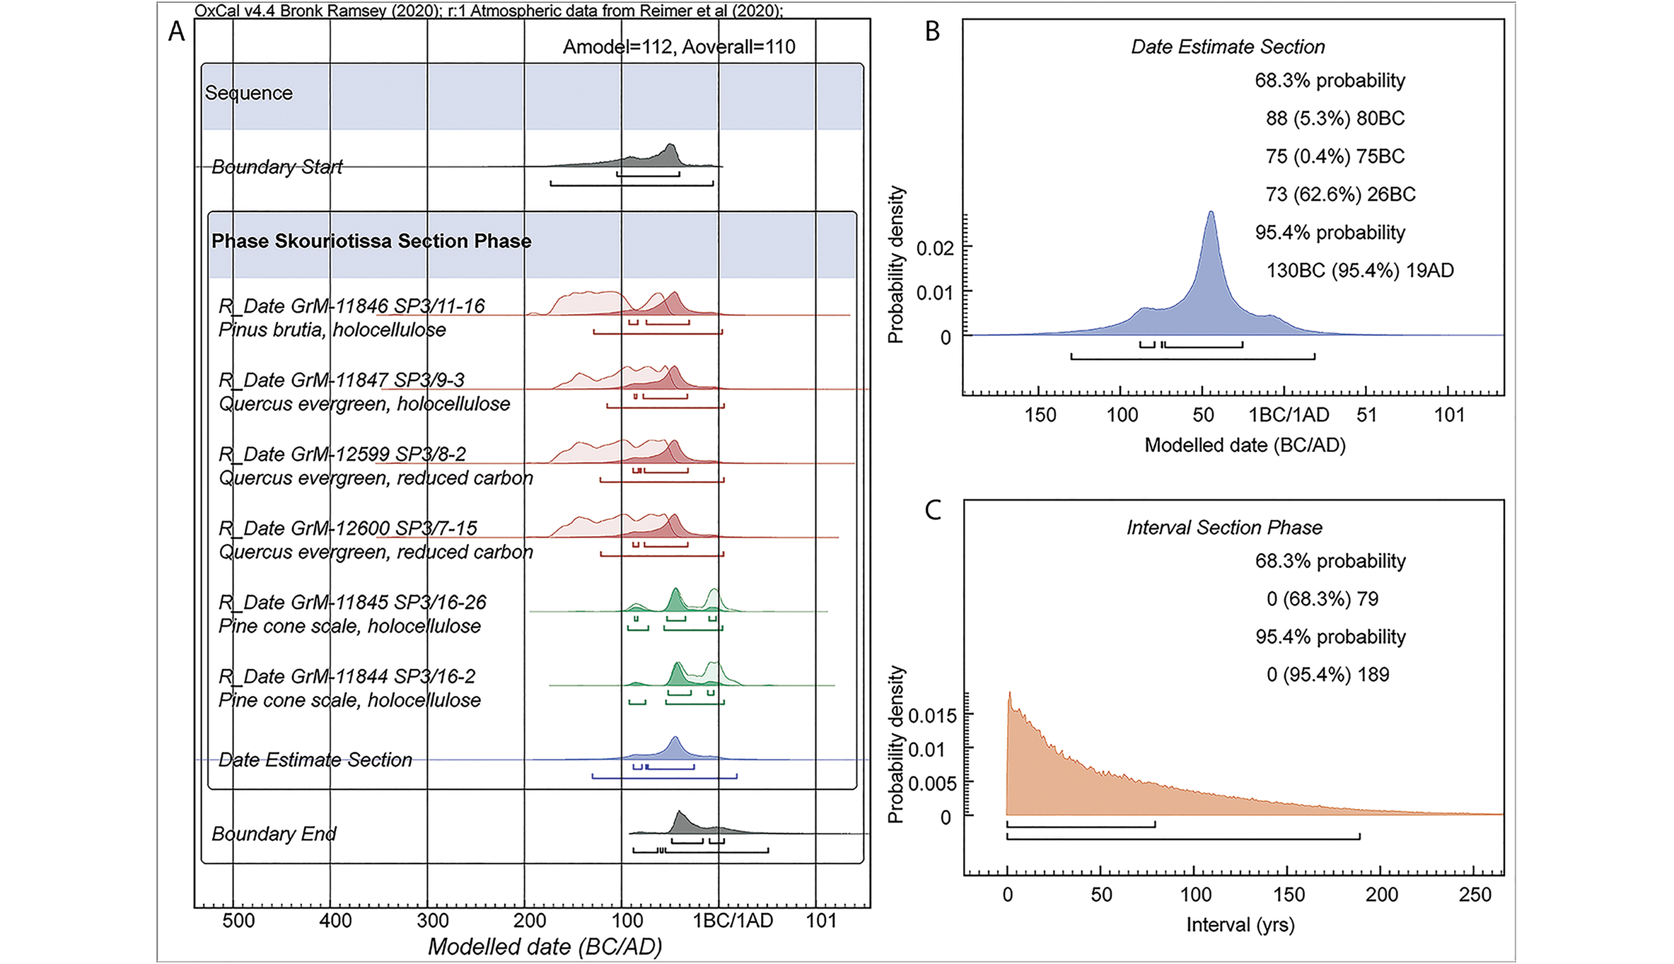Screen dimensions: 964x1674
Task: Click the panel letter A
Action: (x=176, y=32)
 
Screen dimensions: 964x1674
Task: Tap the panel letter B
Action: (x=932, y=32)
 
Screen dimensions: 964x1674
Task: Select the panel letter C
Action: (x=932, y=511)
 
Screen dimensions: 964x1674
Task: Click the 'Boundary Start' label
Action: (x=277, y=167)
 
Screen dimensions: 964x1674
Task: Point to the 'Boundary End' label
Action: (x=274, y=834)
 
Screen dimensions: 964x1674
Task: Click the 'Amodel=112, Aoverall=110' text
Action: (x=678, y=47)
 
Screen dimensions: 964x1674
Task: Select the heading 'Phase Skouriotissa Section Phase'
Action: (x=371, y=241)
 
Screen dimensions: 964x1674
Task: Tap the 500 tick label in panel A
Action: (x=238, y=921)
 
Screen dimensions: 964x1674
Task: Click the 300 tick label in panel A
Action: (x=432, y=921)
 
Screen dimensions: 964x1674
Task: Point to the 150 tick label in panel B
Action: (x=1040, y=414)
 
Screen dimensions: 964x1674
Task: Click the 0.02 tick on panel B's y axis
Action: (x=935, y=248)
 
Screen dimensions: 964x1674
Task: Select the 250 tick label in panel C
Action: (x=1475, y=895)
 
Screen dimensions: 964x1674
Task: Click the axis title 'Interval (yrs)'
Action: (x=1240, y=925)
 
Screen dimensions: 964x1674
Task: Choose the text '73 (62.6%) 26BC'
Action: (x=1340, y=194)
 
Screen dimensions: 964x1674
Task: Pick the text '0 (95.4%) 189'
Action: (x=1327, y=675)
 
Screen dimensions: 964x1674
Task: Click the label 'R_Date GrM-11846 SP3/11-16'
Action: (x=351, y=306)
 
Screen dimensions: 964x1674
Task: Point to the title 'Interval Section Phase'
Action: (x=1223, y=528)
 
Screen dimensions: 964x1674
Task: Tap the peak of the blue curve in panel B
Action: (x=1211, y=212)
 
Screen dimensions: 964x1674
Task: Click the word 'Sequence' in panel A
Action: (x=248, y=93)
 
